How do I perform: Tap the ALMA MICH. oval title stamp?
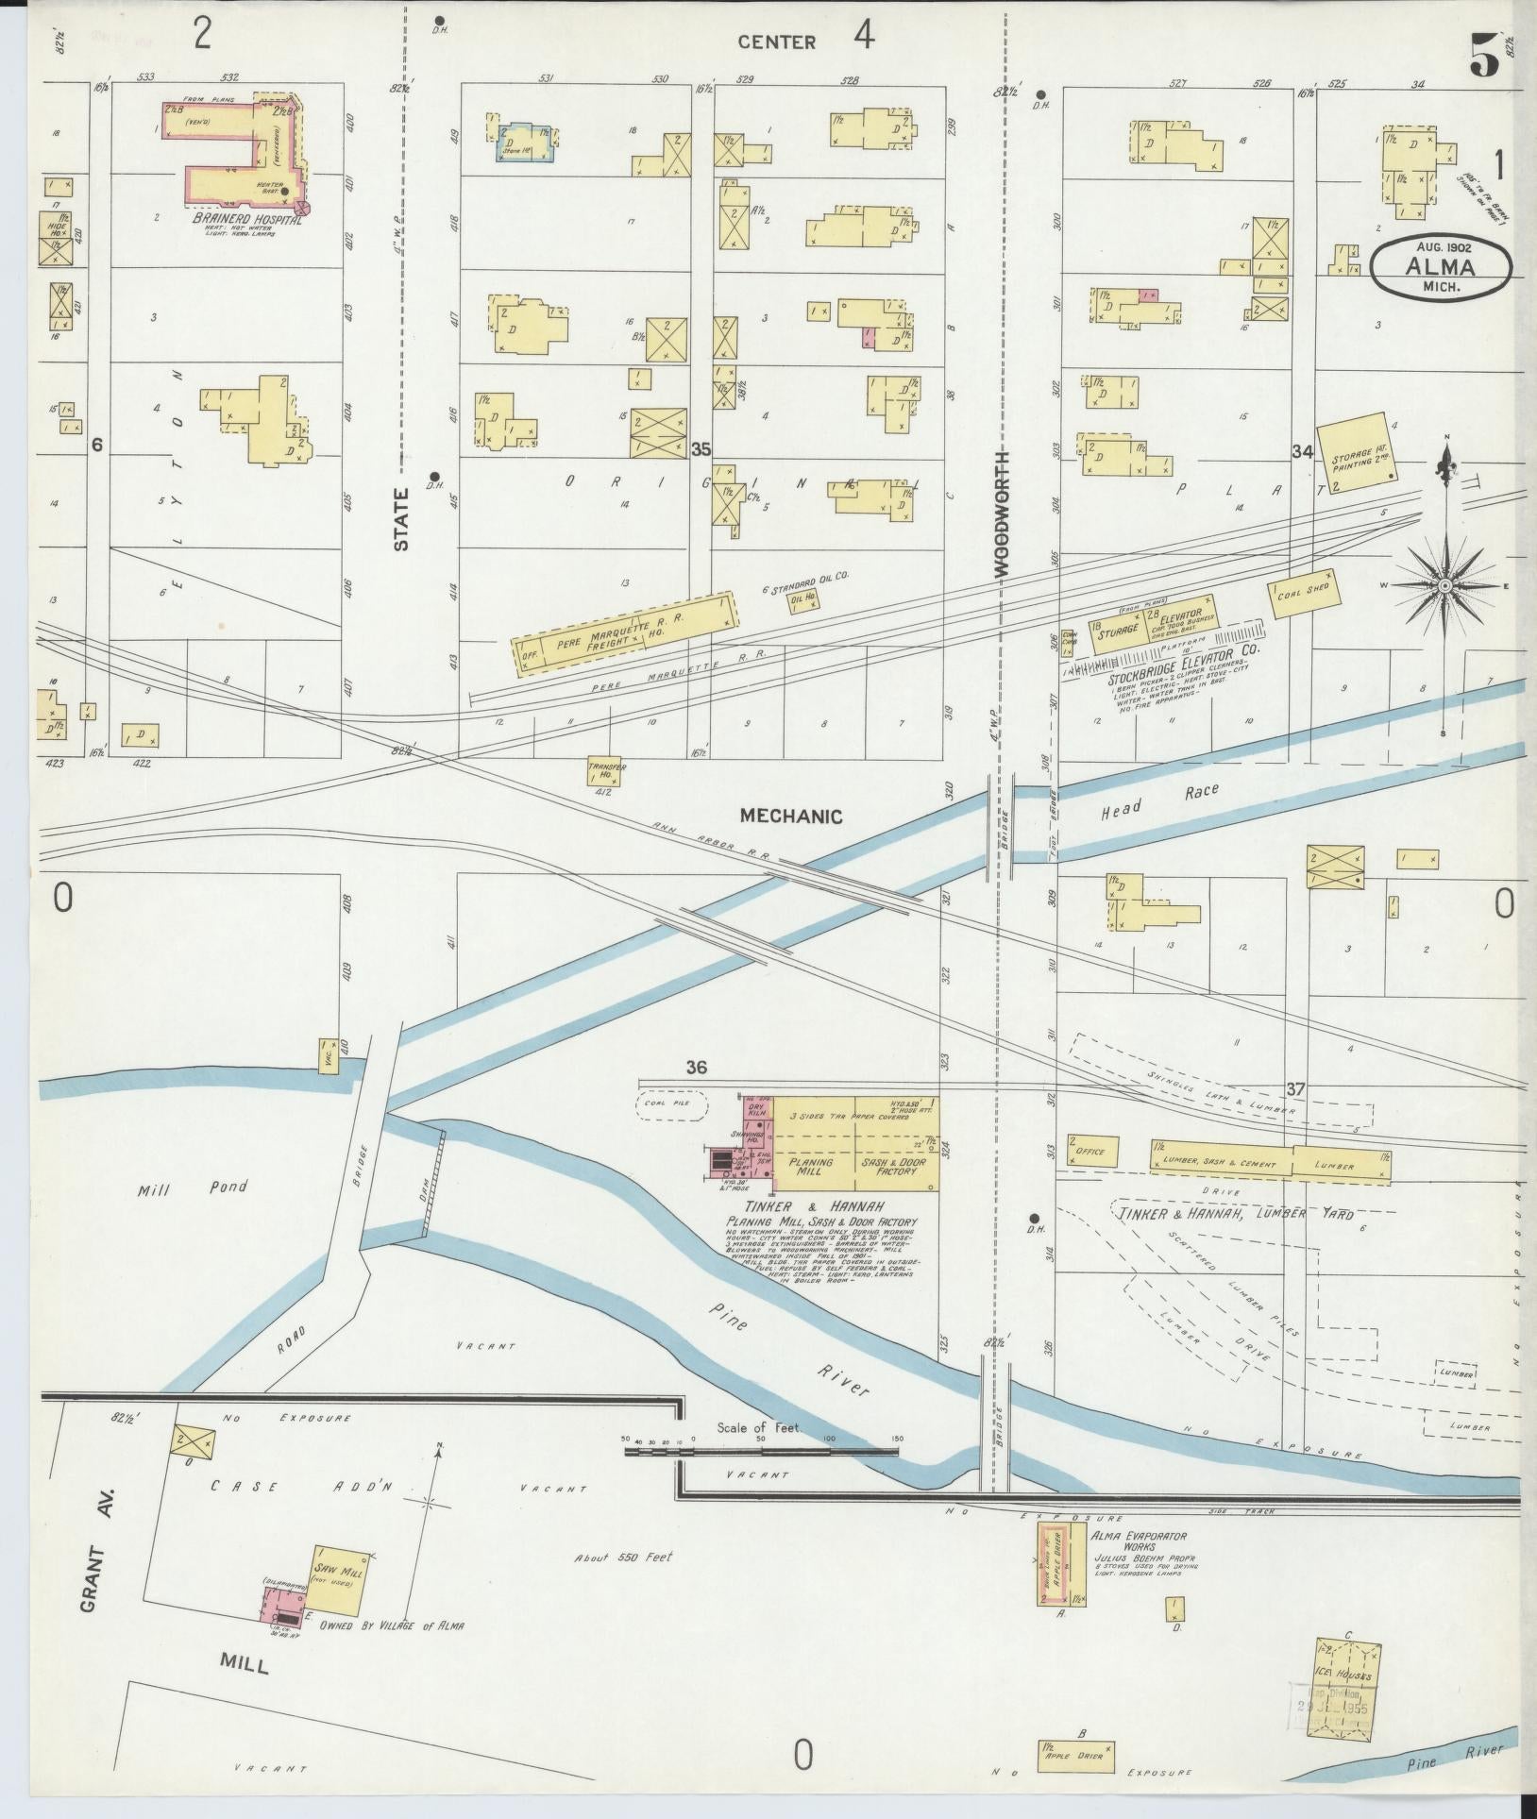coord(1442,268)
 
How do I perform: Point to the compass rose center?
coord(1444,586)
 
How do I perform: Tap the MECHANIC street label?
coord(790,817)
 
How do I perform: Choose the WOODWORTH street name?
coord(1001,514)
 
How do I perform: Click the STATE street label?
coord(402,518)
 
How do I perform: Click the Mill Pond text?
coord(193,1188)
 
